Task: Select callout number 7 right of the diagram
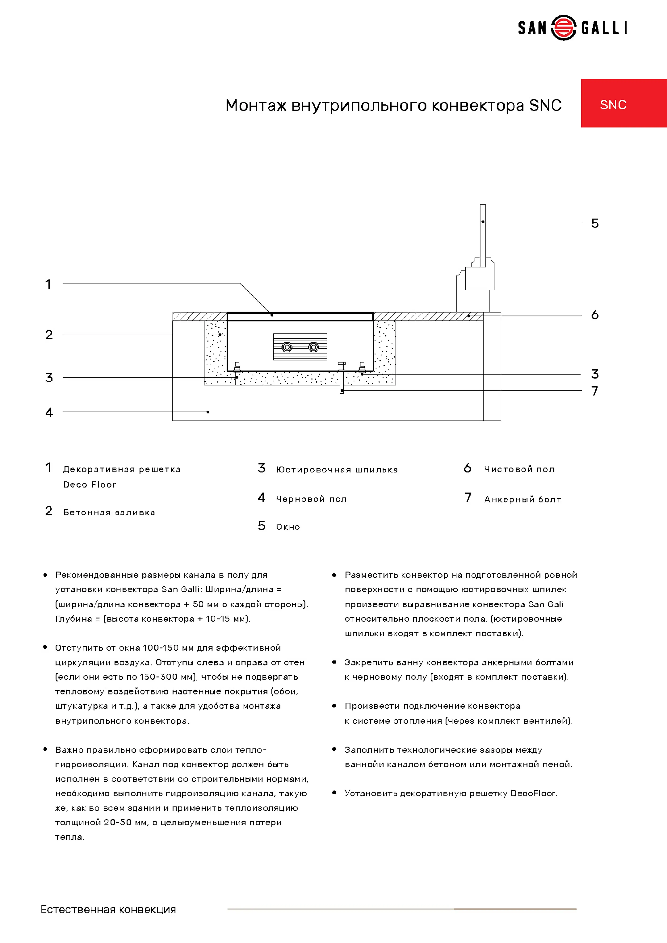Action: coord(594,391)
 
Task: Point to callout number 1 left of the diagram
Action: coord(48,284)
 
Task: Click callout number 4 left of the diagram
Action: coord(49,412)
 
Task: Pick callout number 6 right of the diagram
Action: coord(595,315)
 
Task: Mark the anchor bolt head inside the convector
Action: coord(342,364)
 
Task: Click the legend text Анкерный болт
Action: coord(522,499)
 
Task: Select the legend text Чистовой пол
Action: coord(519,469)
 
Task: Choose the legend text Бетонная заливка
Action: coord(109,513)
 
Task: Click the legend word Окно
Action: coord(288,527)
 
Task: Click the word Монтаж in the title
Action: coord(256,106)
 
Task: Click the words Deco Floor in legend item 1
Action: coord(90,485)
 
